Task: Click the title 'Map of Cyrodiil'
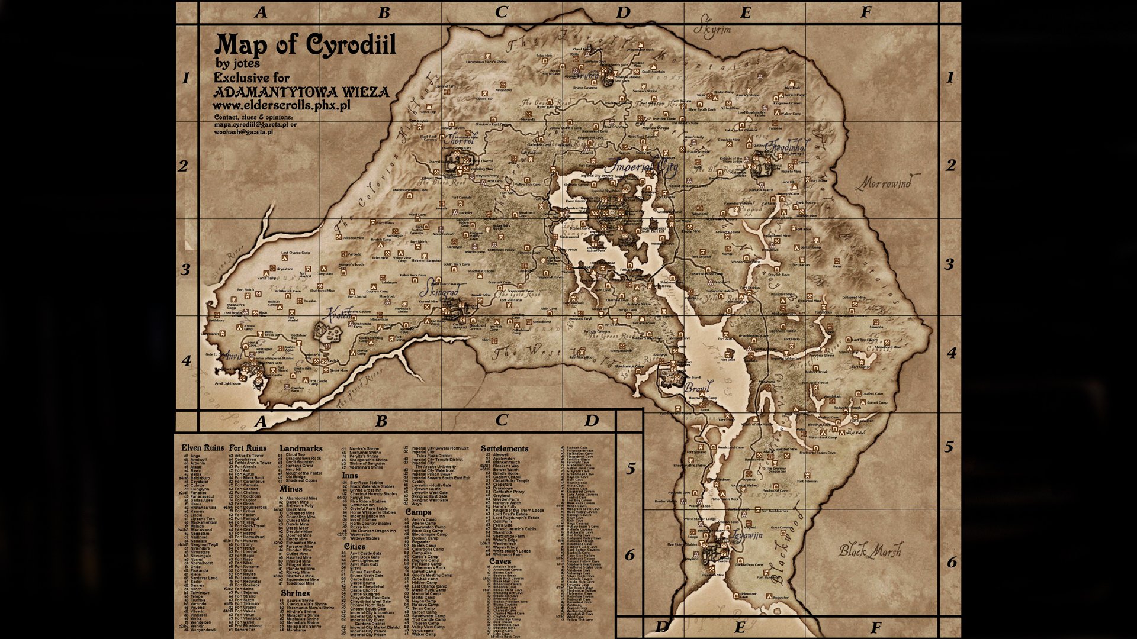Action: (305, 45)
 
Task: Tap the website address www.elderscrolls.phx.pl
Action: (281, 106)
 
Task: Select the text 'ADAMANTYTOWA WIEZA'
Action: (301, 92)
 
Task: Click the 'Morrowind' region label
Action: (887, 183)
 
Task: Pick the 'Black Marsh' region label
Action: (871, 550)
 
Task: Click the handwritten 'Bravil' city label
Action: (696, 389)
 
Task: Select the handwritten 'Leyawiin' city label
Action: (747, 535)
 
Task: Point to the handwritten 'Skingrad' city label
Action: (439, 292)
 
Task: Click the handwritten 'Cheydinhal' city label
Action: (786, 146)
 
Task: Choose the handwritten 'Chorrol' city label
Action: (460, 141)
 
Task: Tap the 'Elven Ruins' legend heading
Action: (203, 448)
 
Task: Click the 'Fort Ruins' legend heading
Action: (248, 448)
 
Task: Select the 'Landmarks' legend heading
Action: (301, 448)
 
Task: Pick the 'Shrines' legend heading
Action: (295, 593)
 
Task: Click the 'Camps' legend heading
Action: (418, 512)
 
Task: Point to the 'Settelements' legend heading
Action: (504, 448)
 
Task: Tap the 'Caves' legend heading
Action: (500, 561)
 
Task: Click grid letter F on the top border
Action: (866, 12)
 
